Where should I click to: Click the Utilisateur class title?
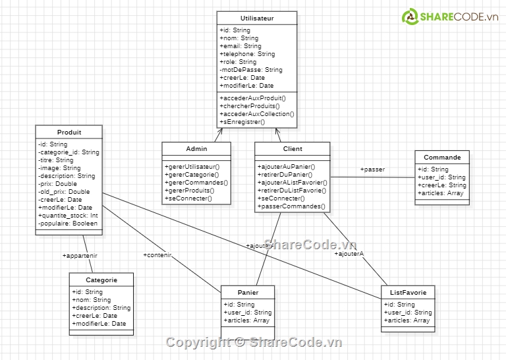257,18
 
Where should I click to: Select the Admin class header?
196,149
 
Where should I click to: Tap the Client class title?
292,149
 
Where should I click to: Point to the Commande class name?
442,158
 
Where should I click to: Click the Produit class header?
69,133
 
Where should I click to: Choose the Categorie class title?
101,280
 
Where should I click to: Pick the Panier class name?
248,293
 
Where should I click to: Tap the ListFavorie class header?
408,293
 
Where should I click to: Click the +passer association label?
372,169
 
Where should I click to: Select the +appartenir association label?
80,255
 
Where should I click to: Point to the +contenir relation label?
157,255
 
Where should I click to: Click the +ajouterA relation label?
349,253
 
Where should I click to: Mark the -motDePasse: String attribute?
251,70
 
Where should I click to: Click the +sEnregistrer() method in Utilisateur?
242,122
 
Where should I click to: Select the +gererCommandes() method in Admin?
196,183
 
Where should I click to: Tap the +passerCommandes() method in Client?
291,206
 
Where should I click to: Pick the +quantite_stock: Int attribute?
68,216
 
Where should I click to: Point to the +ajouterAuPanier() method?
287,167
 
